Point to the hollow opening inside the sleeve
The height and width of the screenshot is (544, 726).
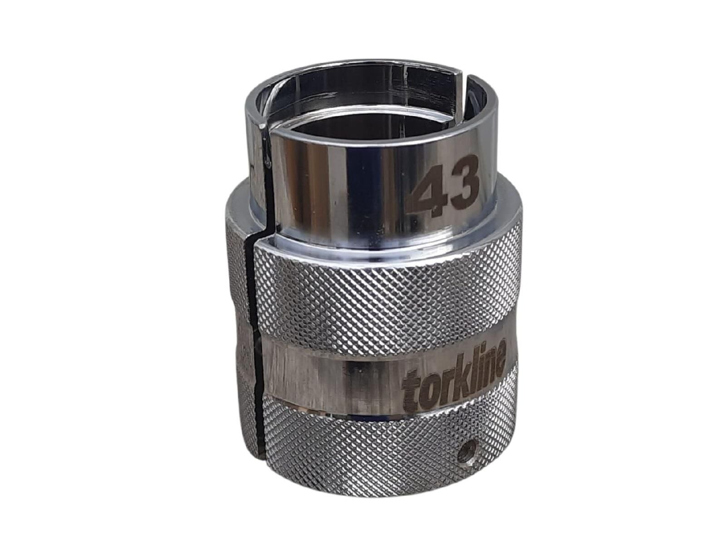pyautogui.click(x=363, y=113)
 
